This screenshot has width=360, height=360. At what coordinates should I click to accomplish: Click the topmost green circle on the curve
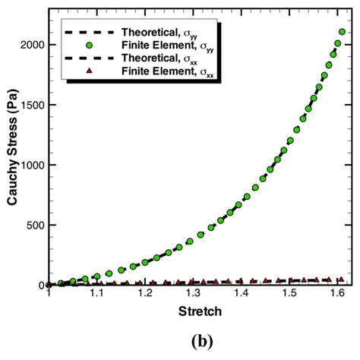pyautogui.click(x=343, y=33)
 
